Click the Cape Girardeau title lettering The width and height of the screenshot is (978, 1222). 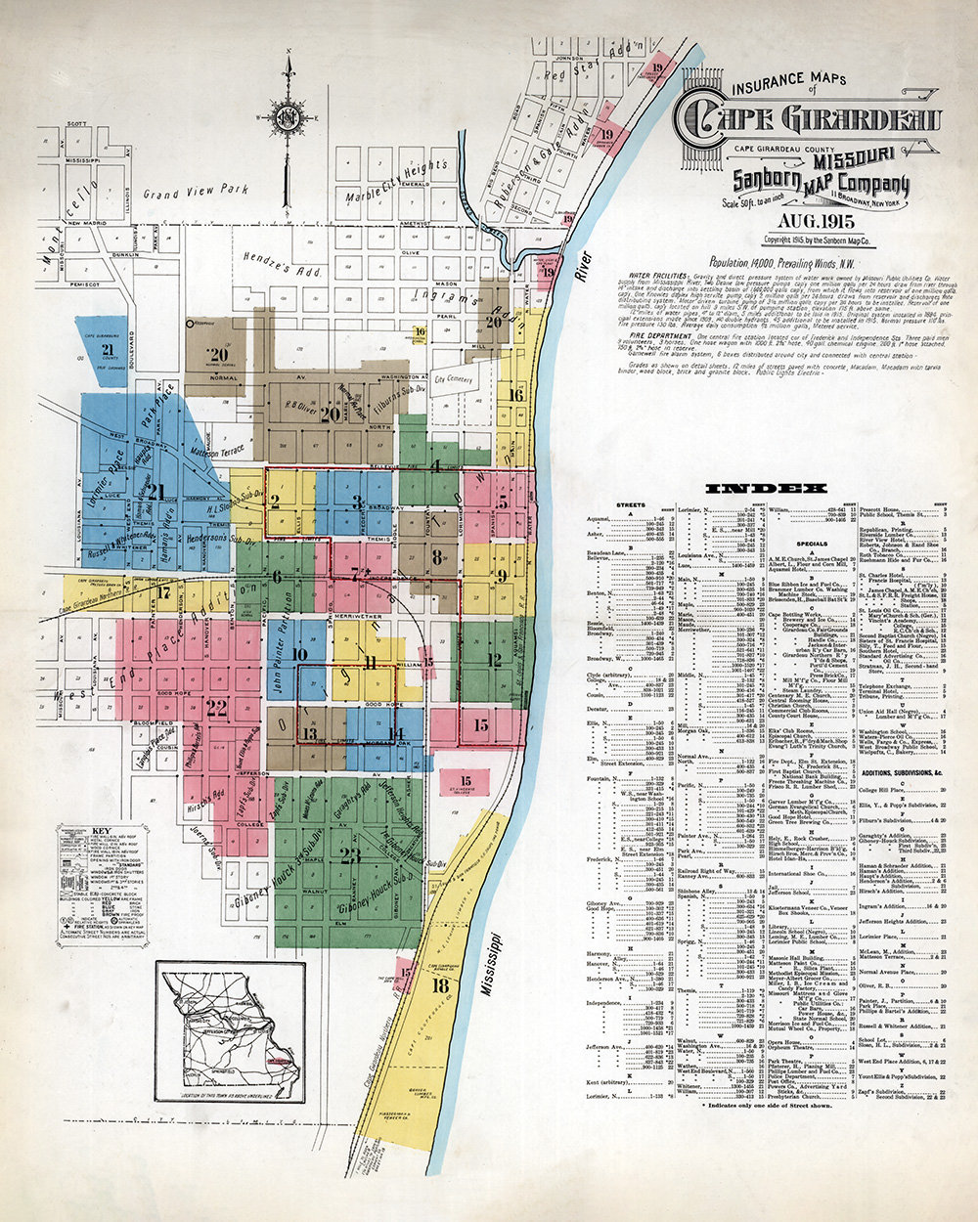click(813, 120)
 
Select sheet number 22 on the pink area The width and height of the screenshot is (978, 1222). click(216, 707)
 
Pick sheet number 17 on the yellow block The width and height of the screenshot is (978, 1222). click(164, 591)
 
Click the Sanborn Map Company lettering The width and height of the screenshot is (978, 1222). click(822, 182)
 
